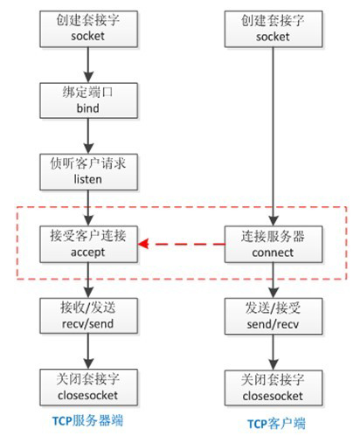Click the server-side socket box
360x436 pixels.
coord(88,29)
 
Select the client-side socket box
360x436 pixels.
coord(273,29)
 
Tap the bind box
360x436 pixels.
coord(88,100)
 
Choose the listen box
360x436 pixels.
coord(88,172)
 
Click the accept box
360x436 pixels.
coord(88,244)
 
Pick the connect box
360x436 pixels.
coord(273,244)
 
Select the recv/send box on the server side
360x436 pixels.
coord(88,315)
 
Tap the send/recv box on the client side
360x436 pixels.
coord(273,316)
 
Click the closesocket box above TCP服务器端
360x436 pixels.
coord(88,387)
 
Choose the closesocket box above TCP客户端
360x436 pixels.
coord(273,388)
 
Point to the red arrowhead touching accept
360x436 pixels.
coord(143,244)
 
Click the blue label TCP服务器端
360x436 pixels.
coord(87,420)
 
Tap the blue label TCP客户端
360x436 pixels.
coord(276,423)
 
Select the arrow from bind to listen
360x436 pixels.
coord(88,136)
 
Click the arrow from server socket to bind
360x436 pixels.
coord(88,65)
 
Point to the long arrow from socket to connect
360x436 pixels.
coord(273,136)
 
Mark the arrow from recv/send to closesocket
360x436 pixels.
coord(88,351)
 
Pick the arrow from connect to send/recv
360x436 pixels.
coord(273,280)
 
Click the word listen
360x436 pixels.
coord(87,179)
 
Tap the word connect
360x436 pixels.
coord(273,253)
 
